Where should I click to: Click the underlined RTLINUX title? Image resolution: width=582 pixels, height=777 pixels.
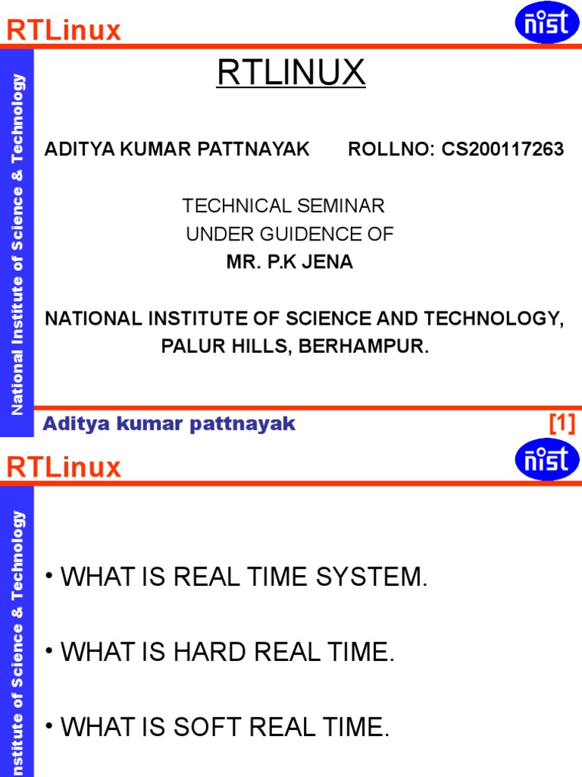(x=291, y=72)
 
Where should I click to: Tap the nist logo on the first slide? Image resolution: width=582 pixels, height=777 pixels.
(x=547, y=22)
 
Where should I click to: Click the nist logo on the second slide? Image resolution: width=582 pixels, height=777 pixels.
(x=547, y=459)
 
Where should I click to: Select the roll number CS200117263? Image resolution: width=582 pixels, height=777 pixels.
(x=502, y=149)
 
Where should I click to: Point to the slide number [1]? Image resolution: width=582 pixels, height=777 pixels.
(x=562, y=423)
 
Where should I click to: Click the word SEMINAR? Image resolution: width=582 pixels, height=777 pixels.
(x=341, y=206)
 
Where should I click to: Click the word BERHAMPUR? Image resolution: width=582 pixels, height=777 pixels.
(x=363, y=346)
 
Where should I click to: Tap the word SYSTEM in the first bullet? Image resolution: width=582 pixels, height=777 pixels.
(x=371, y=577)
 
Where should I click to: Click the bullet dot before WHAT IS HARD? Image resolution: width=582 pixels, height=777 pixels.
(x=48, y=650)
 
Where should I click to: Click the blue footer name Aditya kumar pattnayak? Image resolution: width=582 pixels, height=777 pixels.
(x=169, y=424)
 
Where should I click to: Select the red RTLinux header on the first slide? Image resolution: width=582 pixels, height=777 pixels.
(x=64, y=30)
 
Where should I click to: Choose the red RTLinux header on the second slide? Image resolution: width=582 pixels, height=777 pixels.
(x=64, y=467)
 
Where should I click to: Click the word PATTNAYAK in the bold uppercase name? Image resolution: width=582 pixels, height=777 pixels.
(x=254, y=149)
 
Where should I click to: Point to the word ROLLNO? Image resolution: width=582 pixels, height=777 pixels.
(x=391, y=149)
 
